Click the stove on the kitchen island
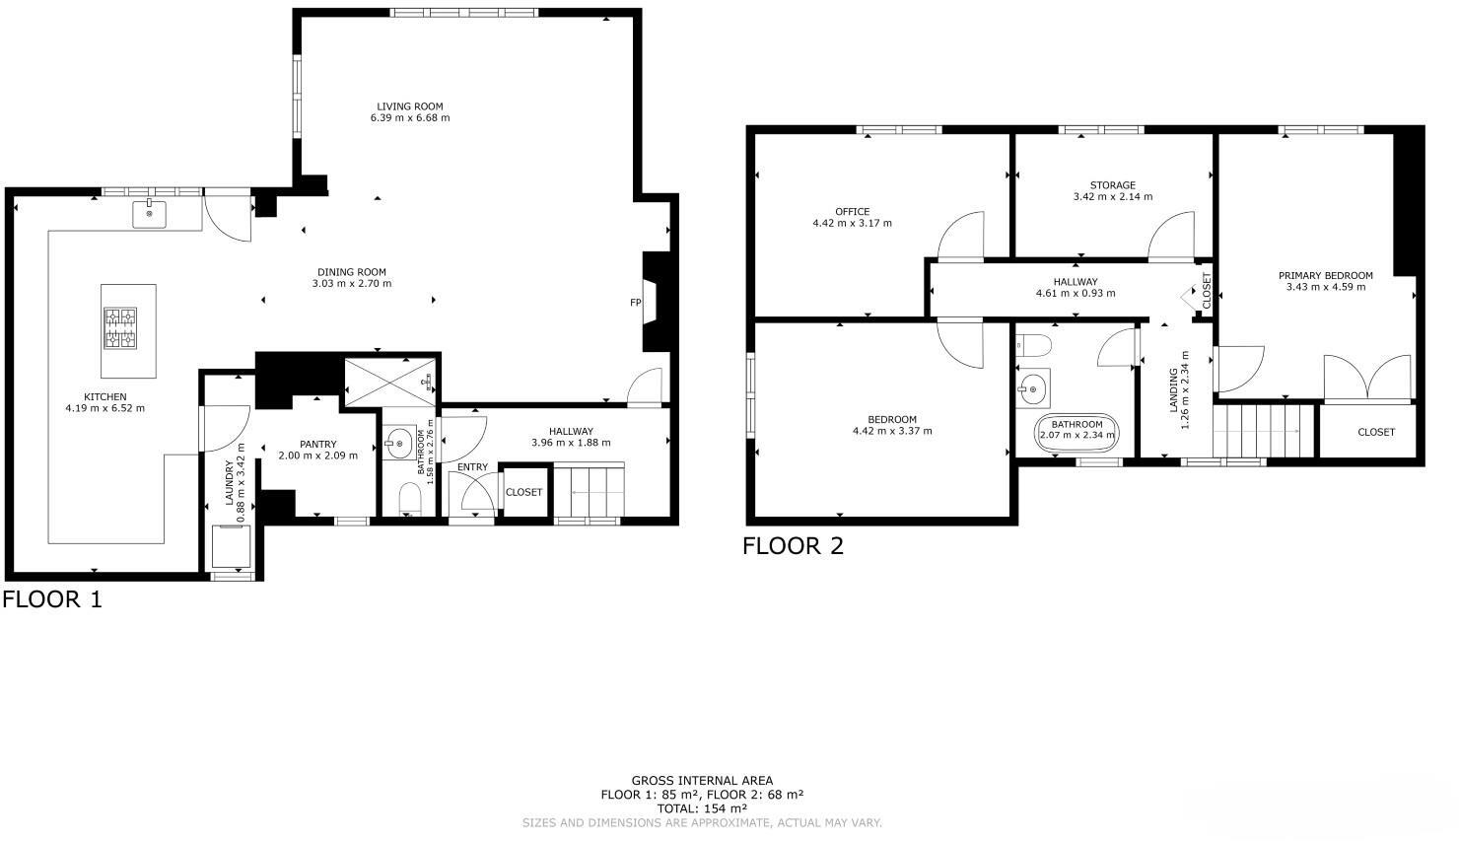(121, 328)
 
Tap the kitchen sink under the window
(150, 214)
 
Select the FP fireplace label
(636, 303)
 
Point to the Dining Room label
(351, 272)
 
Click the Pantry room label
(317, 445)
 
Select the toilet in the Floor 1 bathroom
(410, 500)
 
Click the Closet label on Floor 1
(523, 492)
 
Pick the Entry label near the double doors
(472, 467)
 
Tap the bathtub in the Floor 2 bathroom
(1077, 431)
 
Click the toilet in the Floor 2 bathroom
(1032, 345)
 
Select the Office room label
(852, 212)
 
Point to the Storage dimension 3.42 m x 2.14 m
(1112, 197)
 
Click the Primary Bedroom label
(1325, 276)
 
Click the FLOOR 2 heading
(793, 546)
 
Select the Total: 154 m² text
(701, 808)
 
